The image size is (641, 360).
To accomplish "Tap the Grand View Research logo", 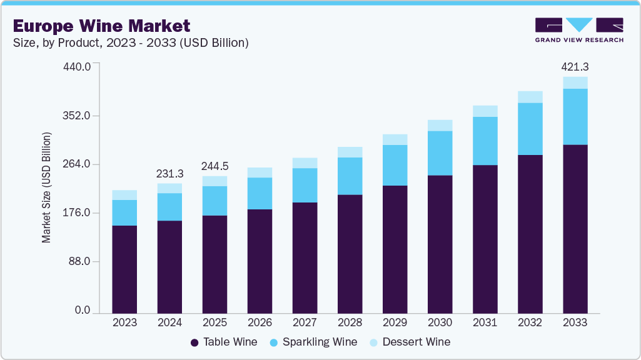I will click(x=579, y=30).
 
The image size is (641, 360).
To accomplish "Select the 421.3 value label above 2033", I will click(x=575, y=67).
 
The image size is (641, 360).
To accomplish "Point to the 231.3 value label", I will click(x=169, y=173).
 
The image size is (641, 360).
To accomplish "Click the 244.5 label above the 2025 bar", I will click(x=215, y=166).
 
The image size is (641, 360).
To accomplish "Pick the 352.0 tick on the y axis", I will click(x=78, y=116).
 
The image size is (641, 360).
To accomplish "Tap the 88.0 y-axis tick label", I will click(x=81, y=261).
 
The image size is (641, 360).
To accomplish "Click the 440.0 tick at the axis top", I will click(x=78, y=66).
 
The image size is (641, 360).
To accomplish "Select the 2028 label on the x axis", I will click(x=350, y=322).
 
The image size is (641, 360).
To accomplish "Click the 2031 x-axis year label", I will click(x=485, y=322).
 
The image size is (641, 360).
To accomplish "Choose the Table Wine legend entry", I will click(x=223, y=342).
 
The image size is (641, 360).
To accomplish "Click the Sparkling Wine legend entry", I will click(x=313, y=342).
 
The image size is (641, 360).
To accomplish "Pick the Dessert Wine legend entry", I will click(x=410, y=342).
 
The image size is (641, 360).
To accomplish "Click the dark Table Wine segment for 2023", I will click(x=124, y=269).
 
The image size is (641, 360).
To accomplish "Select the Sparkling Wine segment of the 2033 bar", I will click(x=575, y=117).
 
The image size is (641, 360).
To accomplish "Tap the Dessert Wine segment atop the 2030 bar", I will click(x=440, y=125).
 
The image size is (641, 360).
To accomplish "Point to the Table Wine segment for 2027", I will click(x=305, y=257).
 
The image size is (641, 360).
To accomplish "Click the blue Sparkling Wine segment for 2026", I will click(x=260, y=193).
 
